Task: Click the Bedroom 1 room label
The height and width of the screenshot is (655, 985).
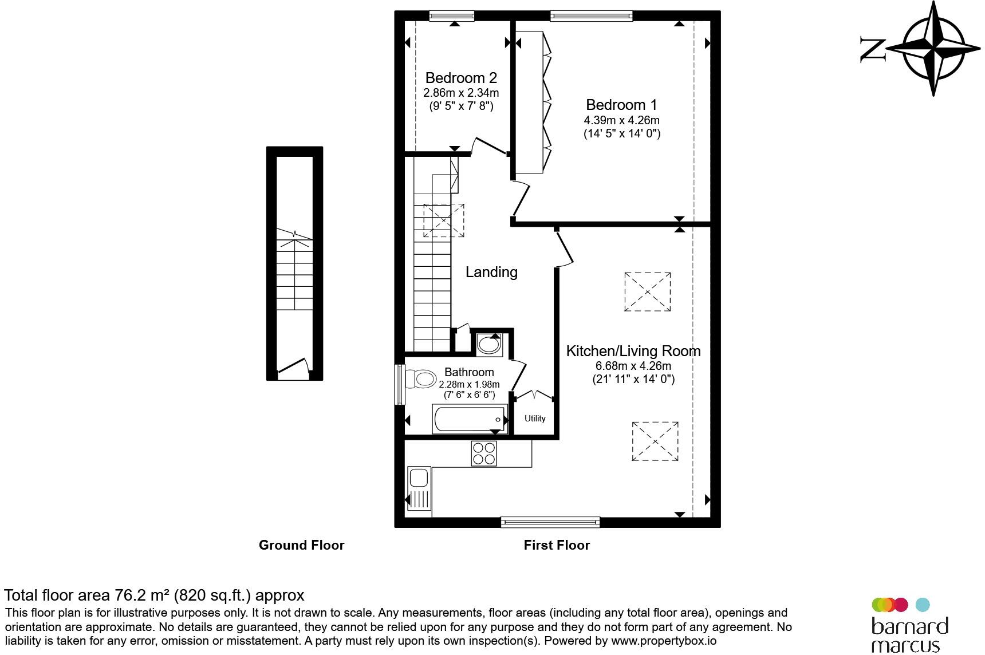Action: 621,105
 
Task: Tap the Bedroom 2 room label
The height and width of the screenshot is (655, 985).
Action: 461,78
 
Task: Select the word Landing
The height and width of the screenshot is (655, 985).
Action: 491,272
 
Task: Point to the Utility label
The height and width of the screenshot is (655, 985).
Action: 535,419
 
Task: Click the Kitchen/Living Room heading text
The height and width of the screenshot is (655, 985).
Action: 633,351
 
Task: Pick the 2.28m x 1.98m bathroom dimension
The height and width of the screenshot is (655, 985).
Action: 469,384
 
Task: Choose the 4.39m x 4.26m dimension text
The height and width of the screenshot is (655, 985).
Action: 621,121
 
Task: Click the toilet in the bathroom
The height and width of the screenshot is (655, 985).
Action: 420,378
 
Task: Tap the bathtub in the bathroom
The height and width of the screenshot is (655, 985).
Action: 470,420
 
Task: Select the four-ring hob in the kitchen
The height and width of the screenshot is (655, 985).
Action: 484,453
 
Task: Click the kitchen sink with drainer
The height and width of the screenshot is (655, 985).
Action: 419,488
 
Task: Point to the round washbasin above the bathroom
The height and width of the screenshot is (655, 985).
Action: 488,344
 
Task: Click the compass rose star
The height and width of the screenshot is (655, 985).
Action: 934,48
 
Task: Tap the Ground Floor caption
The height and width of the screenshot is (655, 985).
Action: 301,545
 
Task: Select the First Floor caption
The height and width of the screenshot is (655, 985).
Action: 557,545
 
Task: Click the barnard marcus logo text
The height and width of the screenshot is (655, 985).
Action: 909,634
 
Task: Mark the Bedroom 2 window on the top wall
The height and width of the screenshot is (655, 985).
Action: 452,16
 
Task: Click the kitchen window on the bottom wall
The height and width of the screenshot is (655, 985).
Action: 550,522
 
